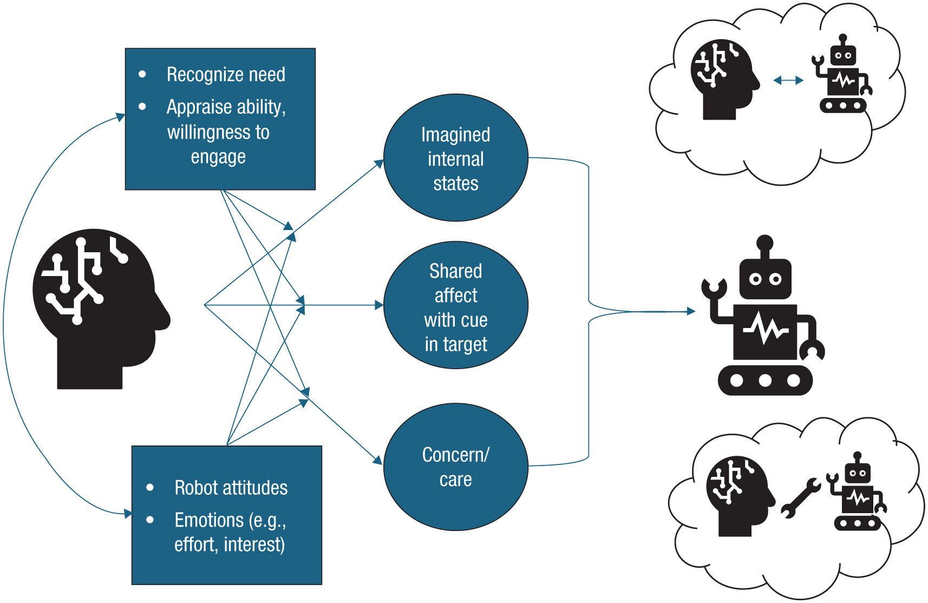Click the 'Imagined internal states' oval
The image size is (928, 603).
point(455,158)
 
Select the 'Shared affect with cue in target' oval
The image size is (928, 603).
point(455,306)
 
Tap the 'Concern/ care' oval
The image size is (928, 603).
point(455,467)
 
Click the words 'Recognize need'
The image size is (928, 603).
point(225,75)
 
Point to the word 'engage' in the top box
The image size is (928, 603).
point(218,157)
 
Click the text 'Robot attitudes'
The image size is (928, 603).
point(231,488)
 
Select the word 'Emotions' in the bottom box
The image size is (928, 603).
point(209,520)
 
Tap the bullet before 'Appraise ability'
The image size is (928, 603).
point(142,107)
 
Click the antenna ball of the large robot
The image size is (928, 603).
point(764,242)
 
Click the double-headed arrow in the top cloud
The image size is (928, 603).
point(788,81)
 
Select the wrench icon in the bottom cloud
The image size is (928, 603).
point(800,498)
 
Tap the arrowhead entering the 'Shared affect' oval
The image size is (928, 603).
point(379,305)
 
